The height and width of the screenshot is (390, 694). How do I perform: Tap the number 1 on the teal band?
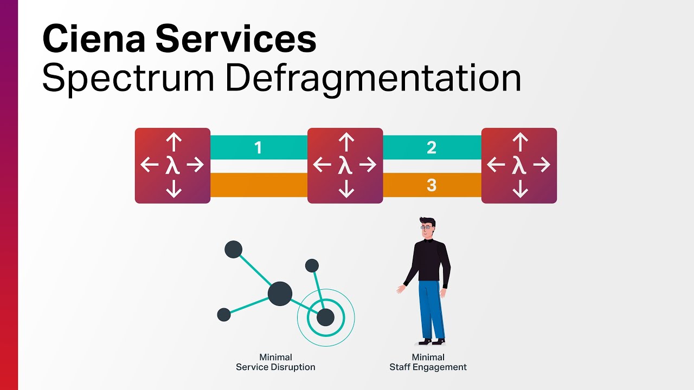[x=259, y=147]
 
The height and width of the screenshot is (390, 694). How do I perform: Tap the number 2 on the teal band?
[x=432, y=147]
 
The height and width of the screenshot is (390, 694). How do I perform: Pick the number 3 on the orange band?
[x=432, y=185]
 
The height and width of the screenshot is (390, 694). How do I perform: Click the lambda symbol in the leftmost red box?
[x=172, y=165]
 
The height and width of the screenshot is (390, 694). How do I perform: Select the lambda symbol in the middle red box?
[x=345, y=165]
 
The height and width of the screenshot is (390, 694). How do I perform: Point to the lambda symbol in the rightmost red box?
[x=519, y=165]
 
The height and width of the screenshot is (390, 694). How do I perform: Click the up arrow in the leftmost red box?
[x=173, y=142]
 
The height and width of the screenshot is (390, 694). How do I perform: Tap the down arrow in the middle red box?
[x=346, y=188]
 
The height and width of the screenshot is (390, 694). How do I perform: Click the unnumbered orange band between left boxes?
[x=259, y=185]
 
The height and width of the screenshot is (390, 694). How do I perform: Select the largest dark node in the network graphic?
[x=280, y=294]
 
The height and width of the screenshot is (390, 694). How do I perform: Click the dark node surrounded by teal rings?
[x=325, y=317]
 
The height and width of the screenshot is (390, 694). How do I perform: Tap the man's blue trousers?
[x=431, y=309]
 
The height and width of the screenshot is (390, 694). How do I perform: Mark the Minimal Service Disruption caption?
[x=275, y=362]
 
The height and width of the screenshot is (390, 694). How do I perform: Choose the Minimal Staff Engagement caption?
[x=428, y=362]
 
